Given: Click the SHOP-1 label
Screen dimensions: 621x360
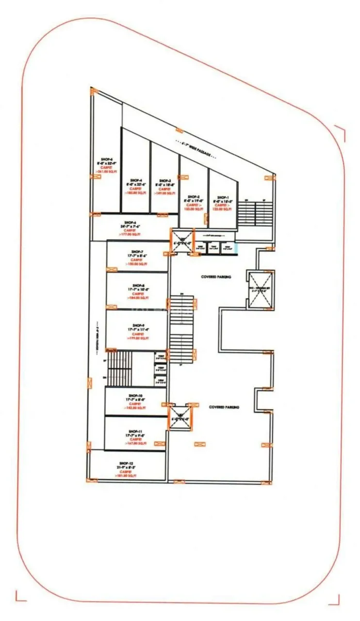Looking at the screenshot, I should tap(223, 197).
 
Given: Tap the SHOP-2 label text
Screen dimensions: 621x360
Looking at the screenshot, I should tap(194, 197).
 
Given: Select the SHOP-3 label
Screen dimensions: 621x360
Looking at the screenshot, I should tap(164, 180).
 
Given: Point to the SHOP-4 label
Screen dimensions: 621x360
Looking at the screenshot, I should tap(136, 180).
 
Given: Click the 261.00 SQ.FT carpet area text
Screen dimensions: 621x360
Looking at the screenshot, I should tap(107, 172).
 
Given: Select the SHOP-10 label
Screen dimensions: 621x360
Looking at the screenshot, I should tap(136, 396).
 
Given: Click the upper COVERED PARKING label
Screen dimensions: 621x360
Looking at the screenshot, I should tap(216, 277).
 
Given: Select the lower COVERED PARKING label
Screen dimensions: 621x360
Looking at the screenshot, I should tap(224, 407).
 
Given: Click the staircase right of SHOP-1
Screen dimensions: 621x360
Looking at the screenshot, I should tap(256, 211).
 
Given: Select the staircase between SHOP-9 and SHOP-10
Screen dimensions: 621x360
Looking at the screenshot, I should tap(119, 368).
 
